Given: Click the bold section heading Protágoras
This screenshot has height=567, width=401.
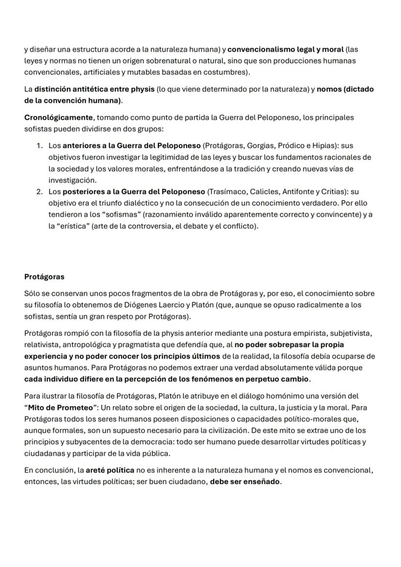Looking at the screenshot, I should coord(44,277).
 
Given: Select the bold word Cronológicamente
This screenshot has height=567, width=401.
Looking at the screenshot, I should coord(59,118).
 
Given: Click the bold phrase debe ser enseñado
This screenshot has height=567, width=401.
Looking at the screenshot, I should coord(245,482).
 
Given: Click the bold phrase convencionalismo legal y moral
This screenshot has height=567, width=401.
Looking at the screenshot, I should coord(286,49).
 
